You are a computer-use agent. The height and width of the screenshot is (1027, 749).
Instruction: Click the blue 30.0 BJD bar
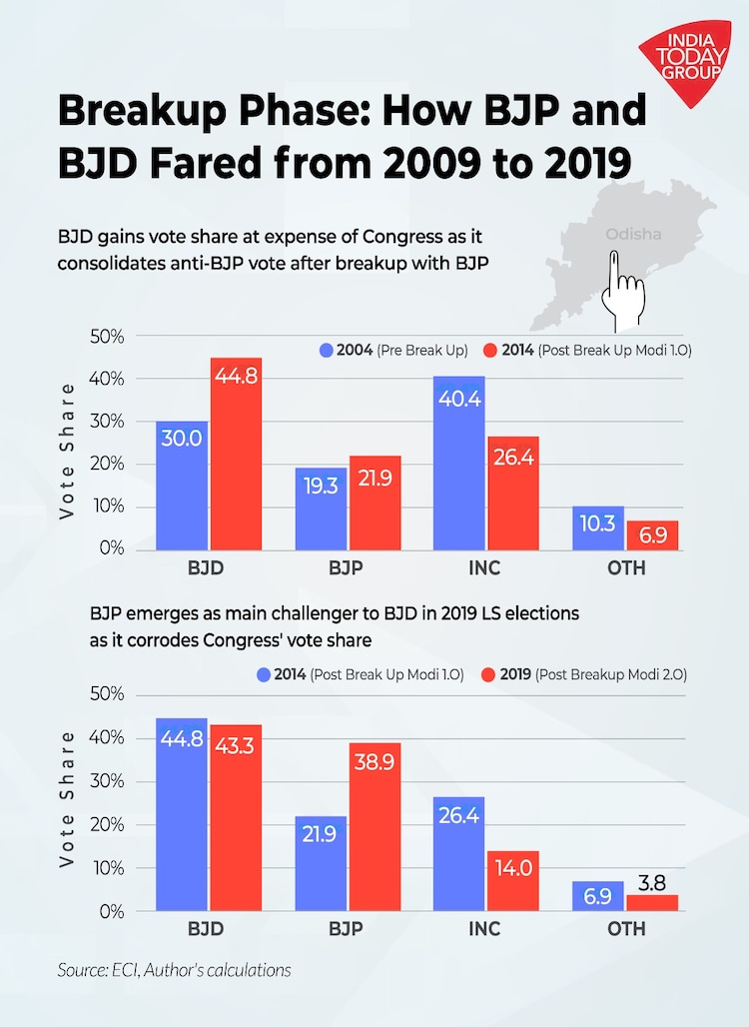[x=182, y=486]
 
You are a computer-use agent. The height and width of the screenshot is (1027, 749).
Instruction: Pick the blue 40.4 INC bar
[x=458, y=463]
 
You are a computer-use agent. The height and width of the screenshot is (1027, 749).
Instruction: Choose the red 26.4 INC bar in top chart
[x=512, y=493]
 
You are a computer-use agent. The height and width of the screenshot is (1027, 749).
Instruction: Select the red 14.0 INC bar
[x=512, y=881]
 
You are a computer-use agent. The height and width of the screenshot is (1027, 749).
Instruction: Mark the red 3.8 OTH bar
[x=651, y=903]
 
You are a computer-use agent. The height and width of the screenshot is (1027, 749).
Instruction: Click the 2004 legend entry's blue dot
[x=326, y=351]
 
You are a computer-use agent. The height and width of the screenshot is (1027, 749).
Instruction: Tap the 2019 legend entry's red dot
[x=488, y=674]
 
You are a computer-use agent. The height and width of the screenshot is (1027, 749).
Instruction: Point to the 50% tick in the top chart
[x=106, y=338]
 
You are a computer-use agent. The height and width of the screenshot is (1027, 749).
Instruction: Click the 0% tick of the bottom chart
[x=111, y=911]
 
